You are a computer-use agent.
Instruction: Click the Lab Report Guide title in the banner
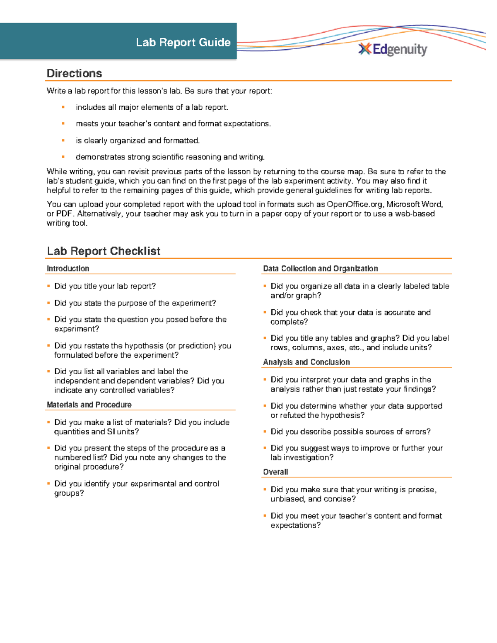[x=183, y=42]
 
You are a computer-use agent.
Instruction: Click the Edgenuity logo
[x=393, y=49]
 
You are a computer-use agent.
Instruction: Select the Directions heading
[x=74, y=73]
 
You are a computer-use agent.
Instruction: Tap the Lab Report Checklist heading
[x=104, y=251]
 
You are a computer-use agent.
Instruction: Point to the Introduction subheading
[x=68, y=268]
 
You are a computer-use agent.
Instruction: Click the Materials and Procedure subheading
[x=89, y=405]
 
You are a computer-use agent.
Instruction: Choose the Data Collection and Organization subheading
[x=320, y=268]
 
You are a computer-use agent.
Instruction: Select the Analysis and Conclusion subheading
[x=306, y=362]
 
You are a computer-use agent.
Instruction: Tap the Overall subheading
[x=275, y=472]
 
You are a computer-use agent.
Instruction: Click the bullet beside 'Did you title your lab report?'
[x=48, y=286]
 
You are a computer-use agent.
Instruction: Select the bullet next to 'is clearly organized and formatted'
[x=63, y=140]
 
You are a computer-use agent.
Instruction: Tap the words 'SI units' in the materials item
[x=121, y=431]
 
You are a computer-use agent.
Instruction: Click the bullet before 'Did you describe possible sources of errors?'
[x=265, y=431]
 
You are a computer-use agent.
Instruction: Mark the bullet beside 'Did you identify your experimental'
[x=48, y=484]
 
